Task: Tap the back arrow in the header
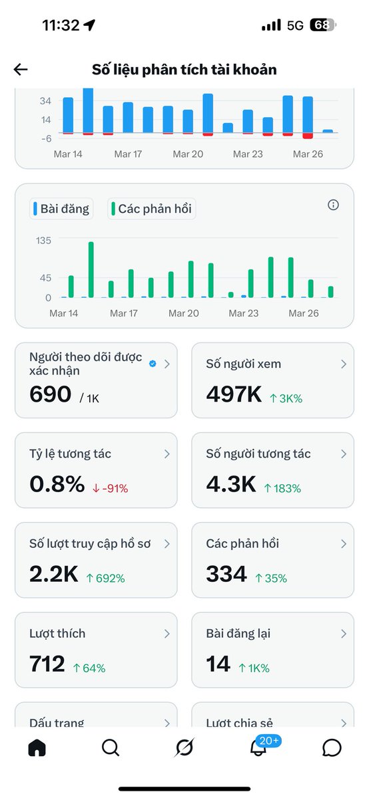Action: coord(21,69)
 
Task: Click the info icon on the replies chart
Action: coord(334,205)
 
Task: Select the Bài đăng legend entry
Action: coord(61,209)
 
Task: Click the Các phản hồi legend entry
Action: coord(152,209)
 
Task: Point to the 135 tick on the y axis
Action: coord(43,240)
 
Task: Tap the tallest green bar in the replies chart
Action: coord(91,269)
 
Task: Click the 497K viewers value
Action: coord(234,394)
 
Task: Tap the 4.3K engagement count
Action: coord(230,484)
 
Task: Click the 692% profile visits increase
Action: coord(107,578)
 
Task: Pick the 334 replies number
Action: coord(226,574)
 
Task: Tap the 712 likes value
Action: coord(47,664)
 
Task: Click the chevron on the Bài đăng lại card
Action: coord(344,634)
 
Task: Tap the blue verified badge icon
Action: coord(153,364)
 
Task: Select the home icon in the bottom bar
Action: coord(37,747)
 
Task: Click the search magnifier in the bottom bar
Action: coord(111,747)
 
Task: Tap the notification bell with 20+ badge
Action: coord(258,747)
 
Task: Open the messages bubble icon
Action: coord(332,747)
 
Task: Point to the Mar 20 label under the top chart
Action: coord(188,154)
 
